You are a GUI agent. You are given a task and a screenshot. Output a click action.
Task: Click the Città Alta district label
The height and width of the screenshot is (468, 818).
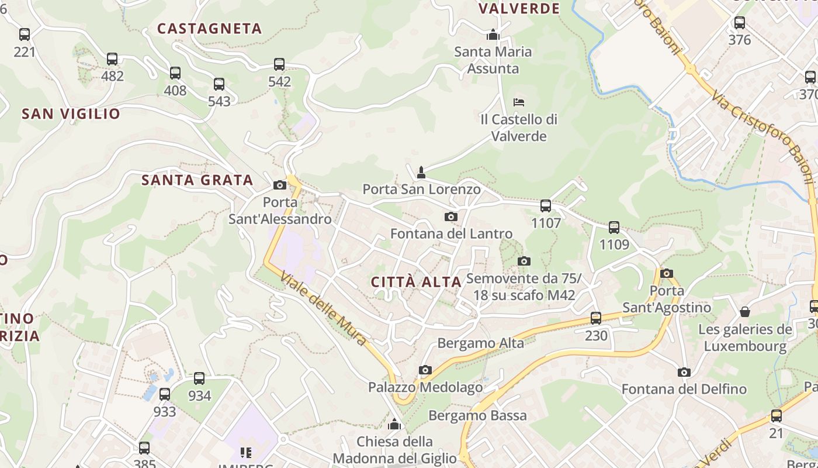point(416,282)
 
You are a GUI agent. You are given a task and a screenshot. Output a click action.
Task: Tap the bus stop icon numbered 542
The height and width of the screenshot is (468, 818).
point(279,64)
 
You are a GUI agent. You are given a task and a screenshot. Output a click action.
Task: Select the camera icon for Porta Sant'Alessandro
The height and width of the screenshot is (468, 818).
point(280,185)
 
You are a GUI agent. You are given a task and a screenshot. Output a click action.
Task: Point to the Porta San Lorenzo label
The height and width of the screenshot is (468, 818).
point(421,190)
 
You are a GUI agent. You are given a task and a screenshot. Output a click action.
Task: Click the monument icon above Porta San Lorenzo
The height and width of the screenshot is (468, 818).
point(421,172)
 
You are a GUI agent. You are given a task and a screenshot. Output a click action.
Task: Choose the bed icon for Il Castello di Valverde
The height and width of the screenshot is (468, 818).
point(518,102)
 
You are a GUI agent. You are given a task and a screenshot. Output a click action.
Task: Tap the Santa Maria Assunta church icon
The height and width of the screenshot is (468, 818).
point(493,35)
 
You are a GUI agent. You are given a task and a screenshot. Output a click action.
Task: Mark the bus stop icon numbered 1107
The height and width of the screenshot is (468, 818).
point(546,206)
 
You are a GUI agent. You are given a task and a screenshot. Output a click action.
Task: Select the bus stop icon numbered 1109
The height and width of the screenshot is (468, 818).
point(614,228)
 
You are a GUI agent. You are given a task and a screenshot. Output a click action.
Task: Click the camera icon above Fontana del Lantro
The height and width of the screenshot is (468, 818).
point(450,217)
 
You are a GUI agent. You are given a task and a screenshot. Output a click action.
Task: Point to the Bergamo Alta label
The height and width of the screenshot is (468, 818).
point(480,343)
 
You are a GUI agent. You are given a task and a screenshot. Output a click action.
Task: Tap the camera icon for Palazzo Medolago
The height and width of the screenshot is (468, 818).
point(425,370)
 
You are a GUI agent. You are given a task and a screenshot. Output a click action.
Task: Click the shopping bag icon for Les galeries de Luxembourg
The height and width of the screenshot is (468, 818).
point(745,312)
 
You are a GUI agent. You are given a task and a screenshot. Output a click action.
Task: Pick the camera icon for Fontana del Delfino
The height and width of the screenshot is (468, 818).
point(684,372)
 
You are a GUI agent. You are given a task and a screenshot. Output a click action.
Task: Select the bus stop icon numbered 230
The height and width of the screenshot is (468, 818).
point(596,318)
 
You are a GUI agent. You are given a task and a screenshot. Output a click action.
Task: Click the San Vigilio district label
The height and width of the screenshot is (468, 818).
point(71,114)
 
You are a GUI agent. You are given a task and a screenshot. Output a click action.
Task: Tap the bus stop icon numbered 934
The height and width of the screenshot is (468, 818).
point(199,378)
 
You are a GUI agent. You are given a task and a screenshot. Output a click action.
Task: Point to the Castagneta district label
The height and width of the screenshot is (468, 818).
point(209,29)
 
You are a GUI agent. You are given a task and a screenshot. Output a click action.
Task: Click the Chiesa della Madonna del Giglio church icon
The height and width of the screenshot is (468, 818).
point(394,424)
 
